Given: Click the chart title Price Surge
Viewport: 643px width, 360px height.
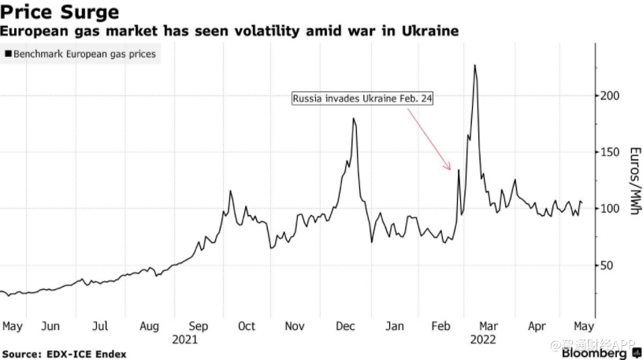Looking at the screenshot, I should [61, 12].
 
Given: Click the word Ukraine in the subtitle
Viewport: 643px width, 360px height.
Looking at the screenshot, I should [431, 31].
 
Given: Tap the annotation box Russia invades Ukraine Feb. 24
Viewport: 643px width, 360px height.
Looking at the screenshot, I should [363, 99].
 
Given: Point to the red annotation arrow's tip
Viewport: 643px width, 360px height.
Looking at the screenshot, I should [451, 169].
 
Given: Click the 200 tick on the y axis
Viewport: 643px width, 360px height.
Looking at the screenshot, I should [611, 95].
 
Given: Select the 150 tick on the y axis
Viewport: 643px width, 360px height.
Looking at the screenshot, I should [611, 152].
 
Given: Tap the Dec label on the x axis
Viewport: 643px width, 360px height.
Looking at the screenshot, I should [344, 326].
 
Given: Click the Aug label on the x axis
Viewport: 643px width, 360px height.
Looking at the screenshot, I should [150, 326].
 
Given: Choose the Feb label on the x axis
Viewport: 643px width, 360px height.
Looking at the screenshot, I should [443, 326].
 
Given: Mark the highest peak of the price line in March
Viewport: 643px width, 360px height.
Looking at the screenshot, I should [475, 65].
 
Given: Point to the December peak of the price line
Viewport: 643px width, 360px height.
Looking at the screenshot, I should [353, 119].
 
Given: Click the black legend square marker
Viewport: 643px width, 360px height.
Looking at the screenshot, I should [8, 55].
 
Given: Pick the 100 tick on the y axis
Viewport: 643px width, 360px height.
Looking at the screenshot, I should [611, 209].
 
